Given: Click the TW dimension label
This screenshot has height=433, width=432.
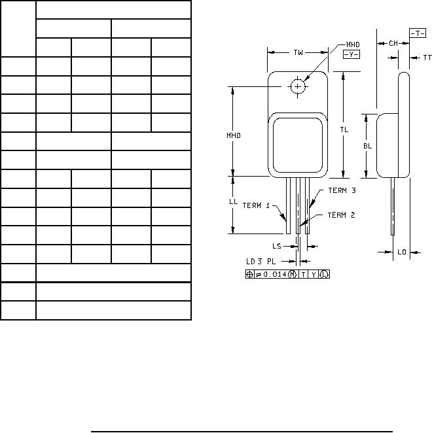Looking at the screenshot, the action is tap(298, 52).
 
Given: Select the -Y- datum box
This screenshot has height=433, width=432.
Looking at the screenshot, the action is tap(351, 54).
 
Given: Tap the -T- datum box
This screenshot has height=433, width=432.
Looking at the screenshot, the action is tap(418, 33).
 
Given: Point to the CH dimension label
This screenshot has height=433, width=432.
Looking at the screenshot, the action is tap(393, 43).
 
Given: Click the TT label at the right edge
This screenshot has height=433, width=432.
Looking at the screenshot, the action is tap(427, 58).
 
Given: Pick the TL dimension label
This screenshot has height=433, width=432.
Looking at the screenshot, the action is tap(344, 130).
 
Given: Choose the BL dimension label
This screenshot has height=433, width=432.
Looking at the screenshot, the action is tap(368, 146).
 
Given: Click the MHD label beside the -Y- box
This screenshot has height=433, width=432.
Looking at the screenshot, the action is tap(353, 44).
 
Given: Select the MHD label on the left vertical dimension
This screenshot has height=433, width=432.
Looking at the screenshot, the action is tap(234, 135).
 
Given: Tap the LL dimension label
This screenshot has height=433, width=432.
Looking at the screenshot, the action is tap(233, 201).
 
